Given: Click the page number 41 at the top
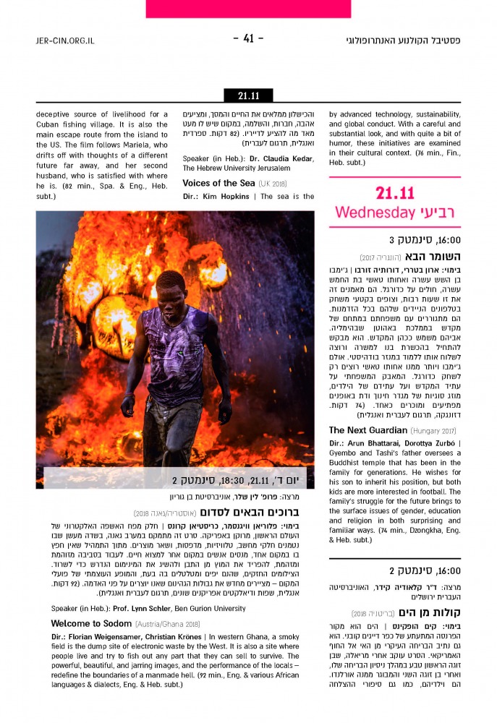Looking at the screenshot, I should coord(248,39).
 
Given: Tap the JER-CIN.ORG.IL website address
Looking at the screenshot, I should coord(65,40).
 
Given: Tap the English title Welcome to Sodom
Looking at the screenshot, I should coord(90,623).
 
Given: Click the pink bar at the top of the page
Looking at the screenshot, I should coord(248,8).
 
